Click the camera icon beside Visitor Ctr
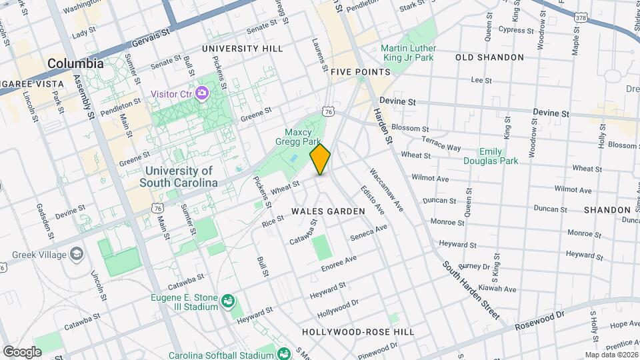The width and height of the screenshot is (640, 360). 202,94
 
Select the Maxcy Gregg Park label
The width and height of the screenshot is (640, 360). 303,137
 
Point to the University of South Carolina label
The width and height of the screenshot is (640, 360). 179,177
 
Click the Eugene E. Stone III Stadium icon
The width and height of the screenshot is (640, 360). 228,301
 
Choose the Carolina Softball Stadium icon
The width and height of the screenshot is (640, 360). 282,353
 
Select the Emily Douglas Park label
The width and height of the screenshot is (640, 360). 492,156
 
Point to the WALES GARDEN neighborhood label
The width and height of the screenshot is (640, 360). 328,211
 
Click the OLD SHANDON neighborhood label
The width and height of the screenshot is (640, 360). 489,57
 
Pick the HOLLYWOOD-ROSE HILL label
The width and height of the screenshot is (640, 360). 357,331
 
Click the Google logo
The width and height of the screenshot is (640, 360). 23,351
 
